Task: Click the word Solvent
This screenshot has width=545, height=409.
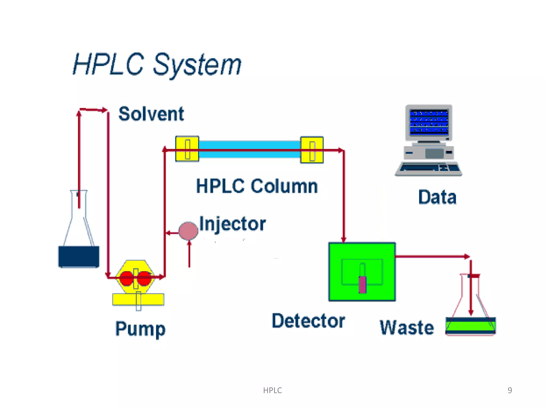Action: [151, 114]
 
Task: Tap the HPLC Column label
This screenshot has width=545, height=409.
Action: [257, 186]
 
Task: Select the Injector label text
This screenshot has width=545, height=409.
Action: [232, 224]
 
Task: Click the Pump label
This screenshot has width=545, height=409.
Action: [140, 329]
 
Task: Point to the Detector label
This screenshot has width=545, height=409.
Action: [308, 321]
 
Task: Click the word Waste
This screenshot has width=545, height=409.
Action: [407, 328]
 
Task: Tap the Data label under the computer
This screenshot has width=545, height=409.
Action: [437, 197]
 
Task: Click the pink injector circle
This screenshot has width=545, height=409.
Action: [188, 231]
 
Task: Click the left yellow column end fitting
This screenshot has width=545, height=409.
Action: [187, 149]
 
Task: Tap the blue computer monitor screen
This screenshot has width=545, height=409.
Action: [429, 122]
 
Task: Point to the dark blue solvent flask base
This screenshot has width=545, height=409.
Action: [79, 257]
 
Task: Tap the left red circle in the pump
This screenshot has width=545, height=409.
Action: [126, 278]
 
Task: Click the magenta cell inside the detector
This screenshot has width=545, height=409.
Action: [362, 284]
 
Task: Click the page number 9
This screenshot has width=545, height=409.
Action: [510, 390]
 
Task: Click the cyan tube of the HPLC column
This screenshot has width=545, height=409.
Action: [249, 145]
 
